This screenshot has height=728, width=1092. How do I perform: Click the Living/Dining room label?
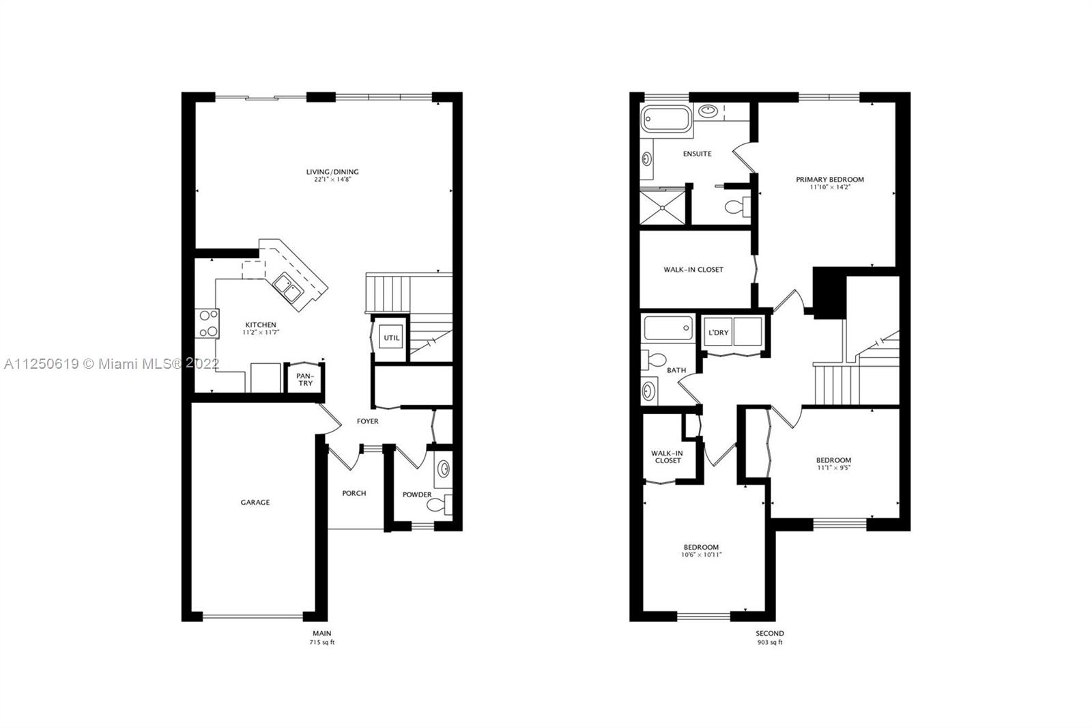tap(332, 172)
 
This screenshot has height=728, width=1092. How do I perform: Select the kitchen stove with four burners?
tap(207, 323)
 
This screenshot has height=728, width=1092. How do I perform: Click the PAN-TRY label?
tap(304, 379)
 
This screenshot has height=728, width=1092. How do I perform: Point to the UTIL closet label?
tap(391, 338)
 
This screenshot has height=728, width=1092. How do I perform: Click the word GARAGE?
tap(255, 502)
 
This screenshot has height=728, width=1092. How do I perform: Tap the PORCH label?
tap(354, 493)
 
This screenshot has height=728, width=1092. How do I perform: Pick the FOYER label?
tap(367, 421)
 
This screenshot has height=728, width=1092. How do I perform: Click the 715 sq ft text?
tap(322, 643)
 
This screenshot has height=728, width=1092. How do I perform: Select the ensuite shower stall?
tap(663, 206)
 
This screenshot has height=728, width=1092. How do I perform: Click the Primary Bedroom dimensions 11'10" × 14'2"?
tap(829, 187)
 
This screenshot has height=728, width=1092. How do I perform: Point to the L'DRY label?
tap(718, 333)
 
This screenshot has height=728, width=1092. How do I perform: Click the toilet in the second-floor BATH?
tap(657, 359)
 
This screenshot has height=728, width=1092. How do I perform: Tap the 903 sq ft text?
tap(770, 643)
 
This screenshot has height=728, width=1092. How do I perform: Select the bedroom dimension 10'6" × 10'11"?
tap(701, 555)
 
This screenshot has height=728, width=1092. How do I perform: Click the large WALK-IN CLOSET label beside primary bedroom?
tap(693, 270)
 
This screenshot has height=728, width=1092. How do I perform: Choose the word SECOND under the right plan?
tap(770, 633)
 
